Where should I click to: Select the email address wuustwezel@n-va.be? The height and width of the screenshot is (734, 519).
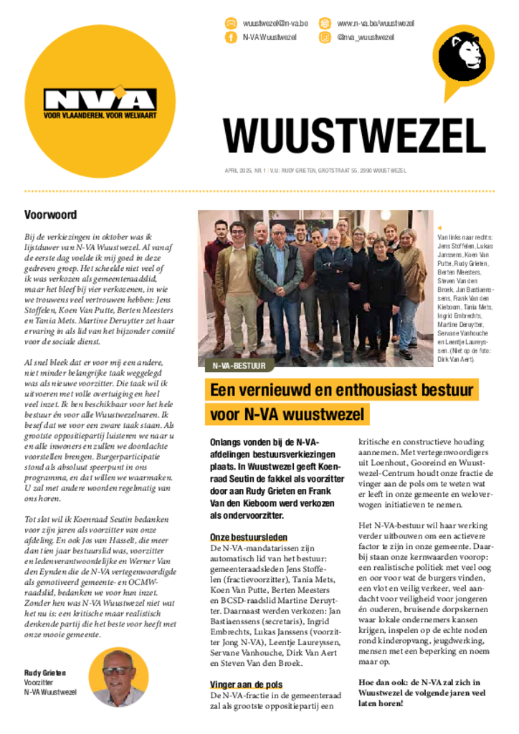(275, 24)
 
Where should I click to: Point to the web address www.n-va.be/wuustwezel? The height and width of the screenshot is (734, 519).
(375, 24)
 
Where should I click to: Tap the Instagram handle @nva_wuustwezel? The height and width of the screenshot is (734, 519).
(366, 37)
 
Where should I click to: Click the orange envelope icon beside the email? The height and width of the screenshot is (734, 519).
(231, 24)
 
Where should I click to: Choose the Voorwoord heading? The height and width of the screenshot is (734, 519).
(51, 214)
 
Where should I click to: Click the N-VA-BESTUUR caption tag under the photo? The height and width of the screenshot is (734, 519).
(239, 366)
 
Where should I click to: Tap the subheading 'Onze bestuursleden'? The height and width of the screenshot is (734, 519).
(249, 537)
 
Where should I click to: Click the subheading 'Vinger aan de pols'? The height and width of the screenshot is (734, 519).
(246, 685)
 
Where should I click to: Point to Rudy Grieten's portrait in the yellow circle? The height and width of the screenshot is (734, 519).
(118, 677)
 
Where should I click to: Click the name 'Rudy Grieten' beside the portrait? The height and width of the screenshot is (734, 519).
(45, 673)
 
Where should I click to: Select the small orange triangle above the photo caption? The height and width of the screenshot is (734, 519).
(439, 227)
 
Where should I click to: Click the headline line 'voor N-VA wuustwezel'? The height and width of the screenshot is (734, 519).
(287, 414)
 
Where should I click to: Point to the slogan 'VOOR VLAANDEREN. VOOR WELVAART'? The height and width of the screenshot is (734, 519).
(109, 115)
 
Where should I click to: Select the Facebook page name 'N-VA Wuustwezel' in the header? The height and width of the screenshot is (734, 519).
(270, 37)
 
